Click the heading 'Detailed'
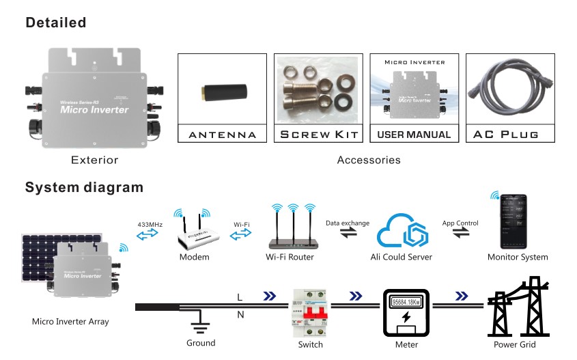coord(56,23)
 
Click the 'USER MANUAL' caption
coord(414,134)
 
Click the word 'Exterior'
coord(95,161)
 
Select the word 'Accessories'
coord(369,161)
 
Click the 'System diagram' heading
coord(84,187)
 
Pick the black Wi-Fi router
coord(294,239)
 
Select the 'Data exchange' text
coord(347,223)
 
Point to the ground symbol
coord(199,324)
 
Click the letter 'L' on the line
coord(238,298)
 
